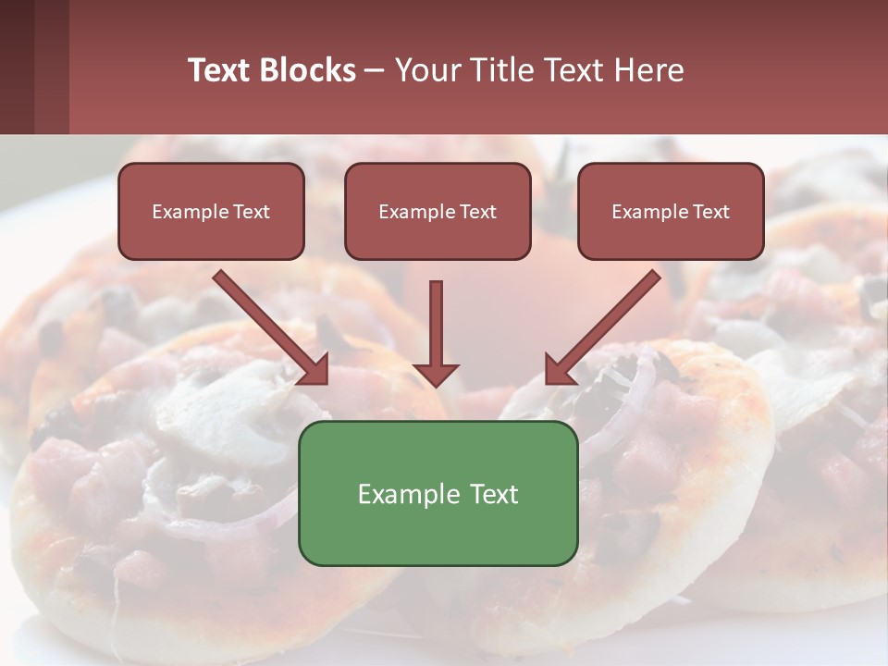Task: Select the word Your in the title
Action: tap(425, 70)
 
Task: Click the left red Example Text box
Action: tap(211, 211)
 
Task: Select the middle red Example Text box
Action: tap(438, 211)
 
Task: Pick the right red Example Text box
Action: tap(671, 211)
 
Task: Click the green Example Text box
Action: tap(438, 493)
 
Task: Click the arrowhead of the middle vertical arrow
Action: tap(437, 375)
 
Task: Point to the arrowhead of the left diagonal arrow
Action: tap(314, 370)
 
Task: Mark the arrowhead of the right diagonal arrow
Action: tap(560, 370)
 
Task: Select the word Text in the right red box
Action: tap(710, 212)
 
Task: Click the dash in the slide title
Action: tap(375, 71)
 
